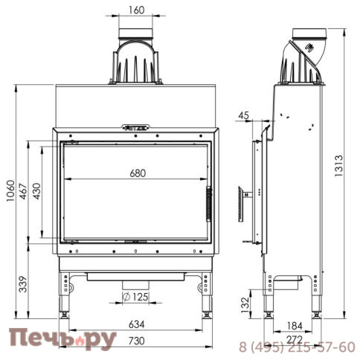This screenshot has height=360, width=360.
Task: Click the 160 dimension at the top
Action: (136, 10)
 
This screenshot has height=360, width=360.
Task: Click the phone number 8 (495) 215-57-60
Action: (297, 347)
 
